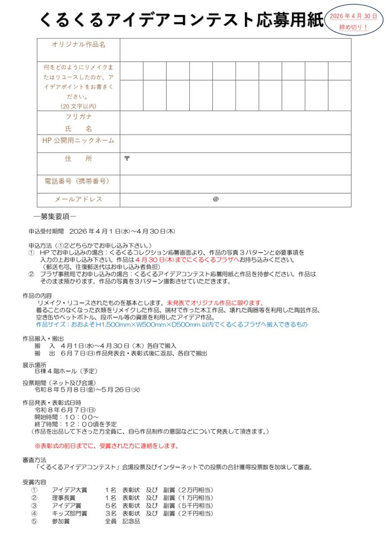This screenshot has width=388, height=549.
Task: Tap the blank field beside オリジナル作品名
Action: pos(235,50)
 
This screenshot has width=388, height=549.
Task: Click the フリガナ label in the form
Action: pos(78,116)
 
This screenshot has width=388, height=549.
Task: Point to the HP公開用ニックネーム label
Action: pos(78,140)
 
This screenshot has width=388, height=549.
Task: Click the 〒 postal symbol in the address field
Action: pos(127,158)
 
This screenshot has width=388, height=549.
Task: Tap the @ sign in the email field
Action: pos(216,199)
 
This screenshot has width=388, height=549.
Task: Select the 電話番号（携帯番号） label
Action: pos(78,181)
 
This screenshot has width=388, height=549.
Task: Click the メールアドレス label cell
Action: pos(78,199)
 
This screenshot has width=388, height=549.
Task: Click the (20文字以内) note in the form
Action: pos(78,106)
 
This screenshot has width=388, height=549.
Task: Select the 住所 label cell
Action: pos(78,159)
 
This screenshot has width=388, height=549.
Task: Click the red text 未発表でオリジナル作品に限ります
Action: pos(214,302)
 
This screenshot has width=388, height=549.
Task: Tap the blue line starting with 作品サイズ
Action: pos(171,324)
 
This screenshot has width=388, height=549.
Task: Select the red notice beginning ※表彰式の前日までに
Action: pos(107,446)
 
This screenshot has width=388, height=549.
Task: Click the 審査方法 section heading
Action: pos(34,459)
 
